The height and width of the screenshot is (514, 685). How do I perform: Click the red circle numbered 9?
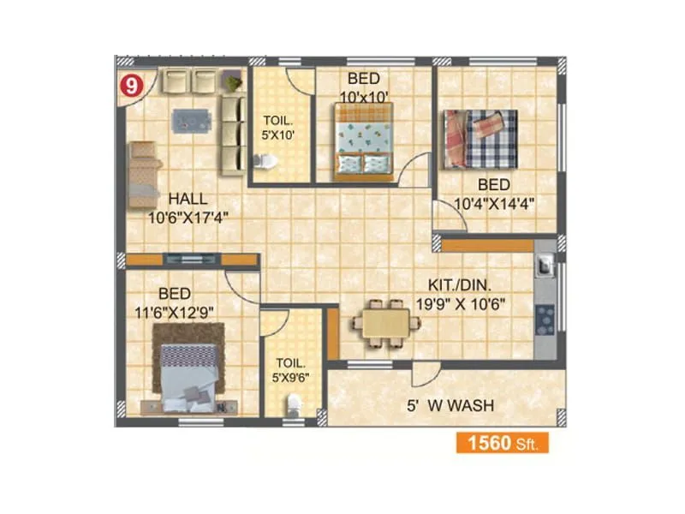tap(128, 87)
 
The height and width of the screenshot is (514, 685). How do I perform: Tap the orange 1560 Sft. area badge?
tap(501, 443)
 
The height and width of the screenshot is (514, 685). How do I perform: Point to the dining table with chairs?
tap(385, 323)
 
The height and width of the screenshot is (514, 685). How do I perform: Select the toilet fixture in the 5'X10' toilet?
tap(265, 161)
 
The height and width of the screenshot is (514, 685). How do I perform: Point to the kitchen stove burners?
tap(545, 320)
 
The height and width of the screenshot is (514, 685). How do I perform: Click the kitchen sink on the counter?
tap(544, 266)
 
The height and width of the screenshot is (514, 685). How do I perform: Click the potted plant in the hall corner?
tap(232, 82)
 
